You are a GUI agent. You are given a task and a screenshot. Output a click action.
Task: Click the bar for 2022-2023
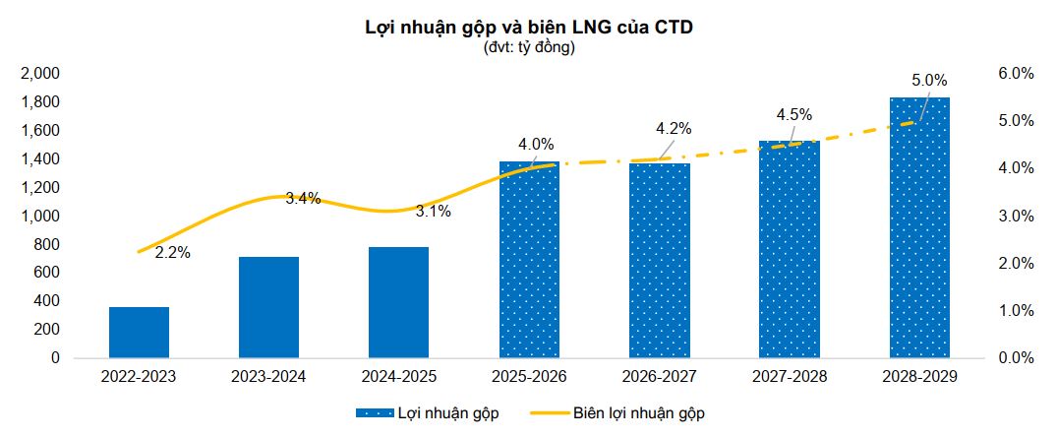(x=139, y=333)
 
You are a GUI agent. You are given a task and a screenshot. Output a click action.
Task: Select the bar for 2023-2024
(x=268, y=307)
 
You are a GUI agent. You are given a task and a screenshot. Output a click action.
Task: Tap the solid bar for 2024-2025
(x=398, y=302)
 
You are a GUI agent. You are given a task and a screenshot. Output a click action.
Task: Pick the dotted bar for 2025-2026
(x=529, y=260)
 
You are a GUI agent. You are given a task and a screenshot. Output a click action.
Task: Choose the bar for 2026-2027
(x=659, y=261)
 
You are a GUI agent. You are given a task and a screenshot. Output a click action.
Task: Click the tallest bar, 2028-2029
(x=919, y=227)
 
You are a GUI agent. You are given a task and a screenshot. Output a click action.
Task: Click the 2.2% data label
(x=172, y=253)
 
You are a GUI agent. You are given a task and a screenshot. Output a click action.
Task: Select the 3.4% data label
(x=303, y=199)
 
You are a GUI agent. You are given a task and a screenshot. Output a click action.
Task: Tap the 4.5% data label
(x=794, y=114)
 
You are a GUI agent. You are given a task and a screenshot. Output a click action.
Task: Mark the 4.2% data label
(x=674, y=128)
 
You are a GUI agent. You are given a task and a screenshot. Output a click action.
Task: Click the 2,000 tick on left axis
(x=40, y=74)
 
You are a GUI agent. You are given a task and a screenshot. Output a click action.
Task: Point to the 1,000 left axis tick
(x=40, y=217)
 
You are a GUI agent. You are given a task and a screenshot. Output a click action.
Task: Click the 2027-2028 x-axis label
(x=789, y=376)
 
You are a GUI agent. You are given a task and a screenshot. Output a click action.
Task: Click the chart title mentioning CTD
(x=529, y=28)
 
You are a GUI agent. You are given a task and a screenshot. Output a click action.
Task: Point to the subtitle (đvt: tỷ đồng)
(x=529, y=47)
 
